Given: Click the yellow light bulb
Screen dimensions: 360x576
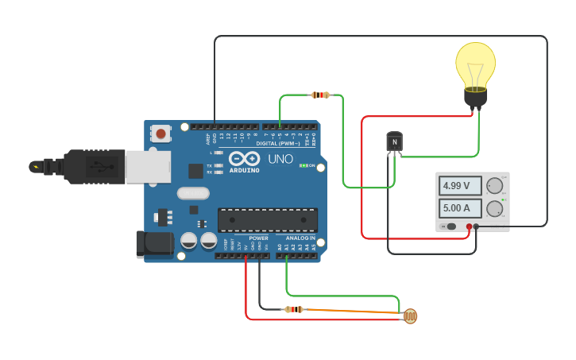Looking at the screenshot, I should tap(475, 70).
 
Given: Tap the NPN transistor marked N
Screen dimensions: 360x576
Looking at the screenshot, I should tap(394, 141).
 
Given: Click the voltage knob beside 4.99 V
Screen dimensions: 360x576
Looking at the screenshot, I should tap(494, 186).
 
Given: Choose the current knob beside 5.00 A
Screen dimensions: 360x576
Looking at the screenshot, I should tap(494, 210).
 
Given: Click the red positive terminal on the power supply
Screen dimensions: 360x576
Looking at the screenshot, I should tap(469, 227).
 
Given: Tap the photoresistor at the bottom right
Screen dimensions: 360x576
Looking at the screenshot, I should tap(409, 317).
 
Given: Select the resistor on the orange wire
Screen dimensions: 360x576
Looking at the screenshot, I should tap(294, 309).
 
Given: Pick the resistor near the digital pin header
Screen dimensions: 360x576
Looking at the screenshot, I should tap(320, 95).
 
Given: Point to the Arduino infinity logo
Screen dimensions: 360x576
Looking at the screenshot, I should tap(244, 158).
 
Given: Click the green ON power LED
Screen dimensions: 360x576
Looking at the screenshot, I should tap(303, 166).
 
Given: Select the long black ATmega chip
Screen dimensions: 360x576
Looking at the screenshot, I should tap(268, 220).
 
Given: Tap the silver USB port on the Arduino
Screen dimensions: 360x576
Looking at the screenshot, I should tap(148, 167).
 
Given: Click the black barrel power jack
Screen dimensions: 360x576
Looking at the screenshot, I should tap(154, 244).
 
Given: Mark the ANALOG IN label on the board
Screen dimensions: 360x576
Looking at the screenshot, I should tap(300, 238).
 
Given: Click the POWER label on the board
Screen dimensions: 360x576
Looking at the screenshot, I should tap(258, 238).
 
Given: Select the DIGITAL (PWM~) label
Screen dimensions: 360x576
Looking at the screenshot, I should tap(278, 143).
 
